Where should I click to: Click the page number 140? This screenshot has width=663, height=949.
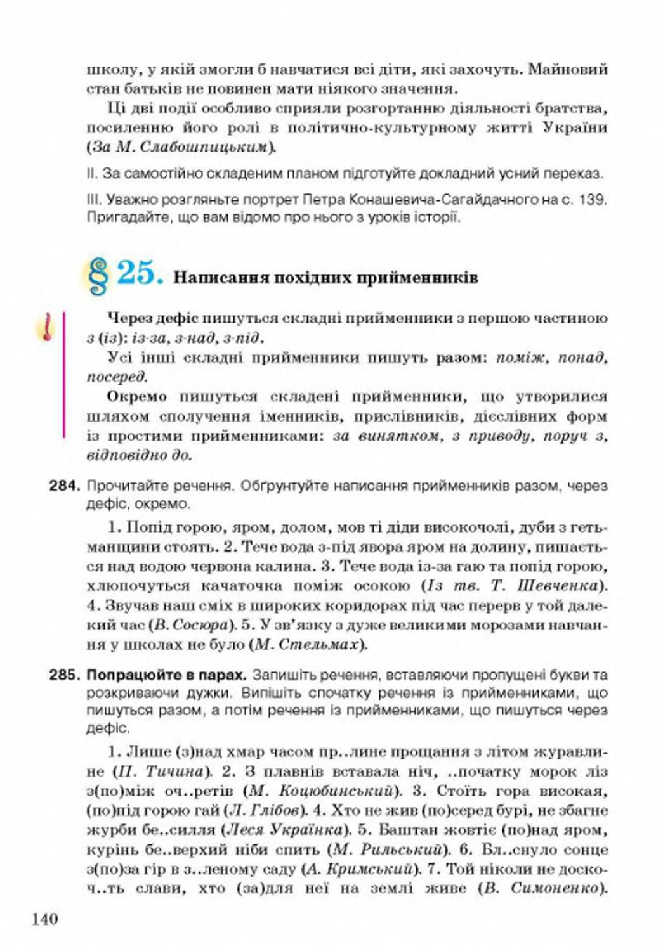44,917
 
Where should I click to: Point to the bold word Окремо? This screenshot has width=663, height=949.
138,397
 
